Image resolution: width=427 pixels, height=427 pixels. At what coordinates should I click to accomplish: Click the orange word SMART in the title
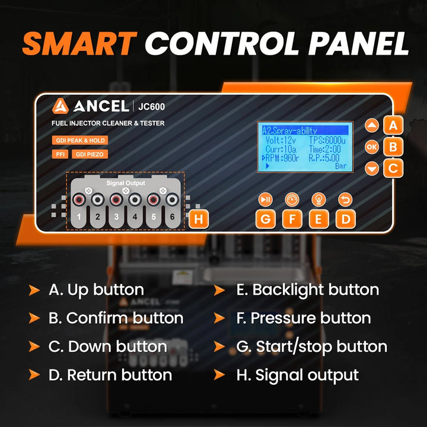pyautogui.click(x=80, y=43)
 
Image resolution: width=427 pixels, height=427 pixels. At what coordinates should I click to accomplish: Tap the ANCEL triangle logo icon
pyautogui.click(x=60, y=106)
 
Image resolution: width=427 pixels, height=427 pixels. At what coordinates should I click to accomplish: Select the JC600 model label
pyautogui.click(x=151, y=107)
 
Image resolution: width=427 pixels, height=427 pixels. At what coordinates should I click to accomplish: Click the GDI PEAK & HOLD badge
pyautogui.click(x=80, y=141)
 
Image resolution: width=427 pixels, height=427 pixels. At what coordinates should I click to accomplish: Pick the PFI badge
pyautogui.click(x=60, y=154)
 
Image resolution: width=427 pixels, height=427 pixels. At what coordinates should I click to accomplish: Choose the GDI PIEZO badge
pyautogui.click(x=90, y=154)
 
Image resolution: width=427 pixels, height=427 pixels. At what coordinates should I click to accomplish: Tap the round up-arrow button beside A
pyautogui.click(x=372, y=126)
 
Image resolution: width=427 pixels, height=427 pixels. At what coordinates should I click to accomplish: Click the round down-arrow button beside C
pyautogui.click(x=372, y=168)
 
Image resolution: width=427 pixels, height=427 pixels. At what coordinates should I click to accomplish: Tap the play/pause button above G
pyautogui.click(x=265, y=200)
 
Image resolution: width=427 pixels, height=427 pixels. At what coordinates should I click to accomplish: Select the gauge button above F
pyautogui.click(x=292, y=200)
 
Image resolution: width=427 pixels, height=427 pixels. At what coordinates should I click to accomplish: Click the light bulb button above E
pyautogui.click(x=318, y=200)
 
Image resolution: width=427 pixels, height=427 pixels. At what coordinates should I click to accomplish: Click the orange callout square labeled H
pyautogui.click(x=199, y=219)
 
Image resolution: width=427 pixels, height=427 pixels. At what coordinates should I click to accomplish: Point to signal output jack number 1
pyautogui.click(x=79, y=200)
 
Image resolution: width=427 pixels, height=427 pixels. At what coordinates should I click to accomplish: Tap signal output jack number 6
pyautogui.click(x=172, y=200)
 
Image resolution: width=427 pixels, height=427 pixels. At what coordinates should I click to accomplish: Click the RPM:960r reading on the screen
pyautogui.click(x=281, y=158)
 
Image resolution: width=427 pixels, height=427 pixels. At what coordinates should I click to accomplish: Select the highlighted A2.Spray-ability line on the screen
pyautogui.click(x=305, y=130)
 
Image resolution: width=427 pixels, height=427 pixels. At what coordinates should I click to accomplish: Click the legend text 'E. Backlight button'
pyautogui.click(x=307, y=289)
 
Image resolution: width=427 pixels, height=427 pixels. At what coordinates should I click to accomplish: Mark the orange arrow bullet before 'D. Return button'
pyautogui.click(x=34, y=375)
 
